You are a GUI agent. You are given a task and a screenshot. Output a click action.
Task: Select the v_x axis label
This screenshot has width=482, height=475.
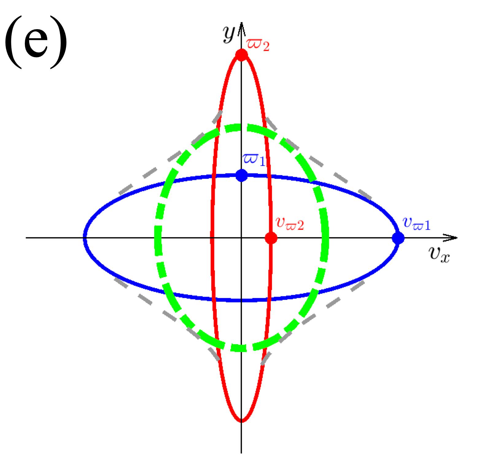[x=439, y=254]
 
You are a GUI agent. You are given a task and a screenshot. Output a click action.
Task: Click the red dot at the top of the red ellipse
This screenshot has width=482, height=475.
[x=242, y=55]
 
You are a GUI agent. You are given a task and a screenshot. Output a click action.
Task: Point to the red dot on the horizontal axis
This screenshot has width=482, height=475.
[x=271, y=238]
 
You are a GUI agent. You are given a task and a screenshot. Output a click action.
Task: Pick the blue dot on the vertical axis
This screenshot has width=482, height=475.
[x=242, y=175]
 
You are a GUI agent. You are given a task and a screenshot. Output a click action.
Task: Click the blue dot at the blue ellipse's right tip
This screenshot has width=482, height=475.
[x=398, y=238]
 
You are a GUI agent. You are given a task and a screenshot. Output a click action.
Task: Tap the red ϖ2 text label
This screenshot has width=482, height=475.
[x=258, y=45]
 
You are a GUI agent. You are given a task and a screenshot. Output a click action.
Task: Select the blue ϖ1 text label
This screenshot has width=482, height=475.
[x=254, y=159]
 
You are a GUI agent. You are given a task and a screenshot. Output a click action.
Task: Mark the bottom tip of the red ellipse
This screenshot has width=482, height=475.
[x=242, y=421]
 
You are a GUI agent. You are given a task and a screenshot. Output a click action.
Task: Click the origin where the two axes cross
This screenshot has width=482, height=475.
[x=242, y=238]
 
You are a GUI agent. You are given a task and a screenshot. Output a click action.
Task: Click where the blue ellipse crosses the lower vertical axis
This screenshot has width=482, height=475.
[x=242, y=300]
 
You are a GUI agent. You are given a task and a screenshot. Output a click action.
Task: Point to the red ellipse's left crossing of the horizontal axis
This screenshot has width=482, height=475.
[x=212, y=238]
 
